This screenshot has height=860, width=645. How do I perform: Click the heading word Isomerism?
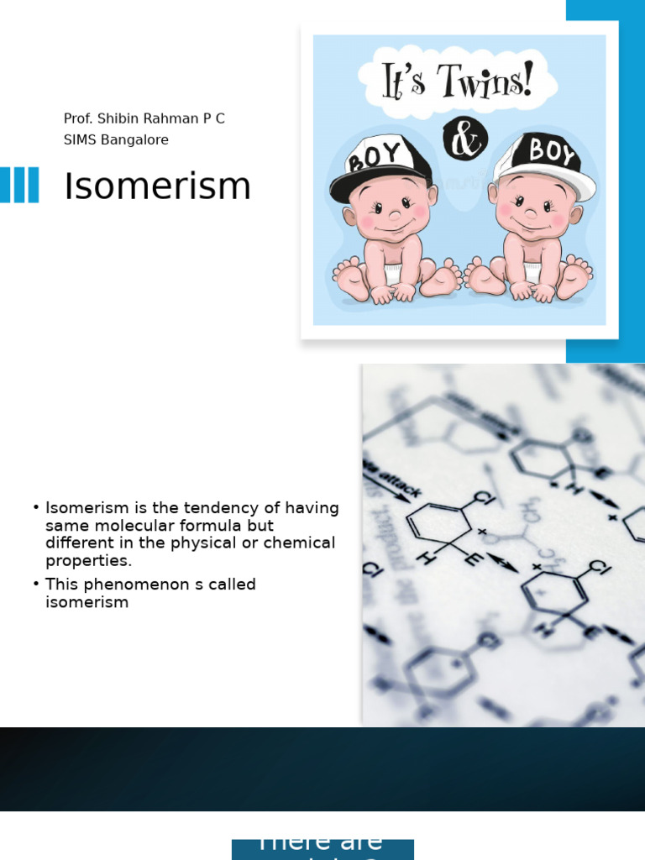157,186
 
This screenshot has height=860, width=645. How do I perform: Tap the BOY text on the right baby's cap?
553,154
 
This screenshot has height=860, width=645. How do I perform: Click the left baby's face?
388,212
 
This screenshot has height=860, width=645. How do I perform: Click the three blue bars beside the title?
19,185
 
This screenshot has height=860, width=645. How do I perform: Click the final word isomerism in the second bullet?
87,602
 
